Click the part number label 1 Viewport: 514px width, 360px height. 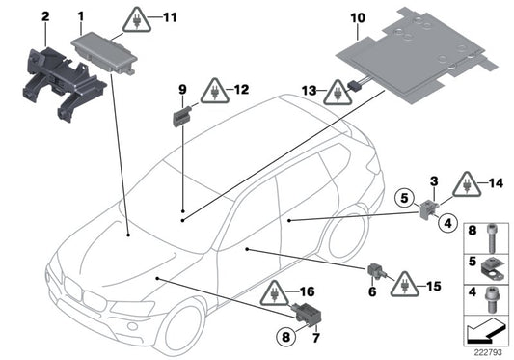pyautogui.click(x=80, y=16)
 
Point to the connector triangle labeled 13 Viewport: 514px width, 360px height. pyautogui.click(x=338, y=94)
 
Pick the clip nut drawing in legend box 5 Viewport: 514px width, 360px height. pyautogui.click(x=490, y=263)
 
